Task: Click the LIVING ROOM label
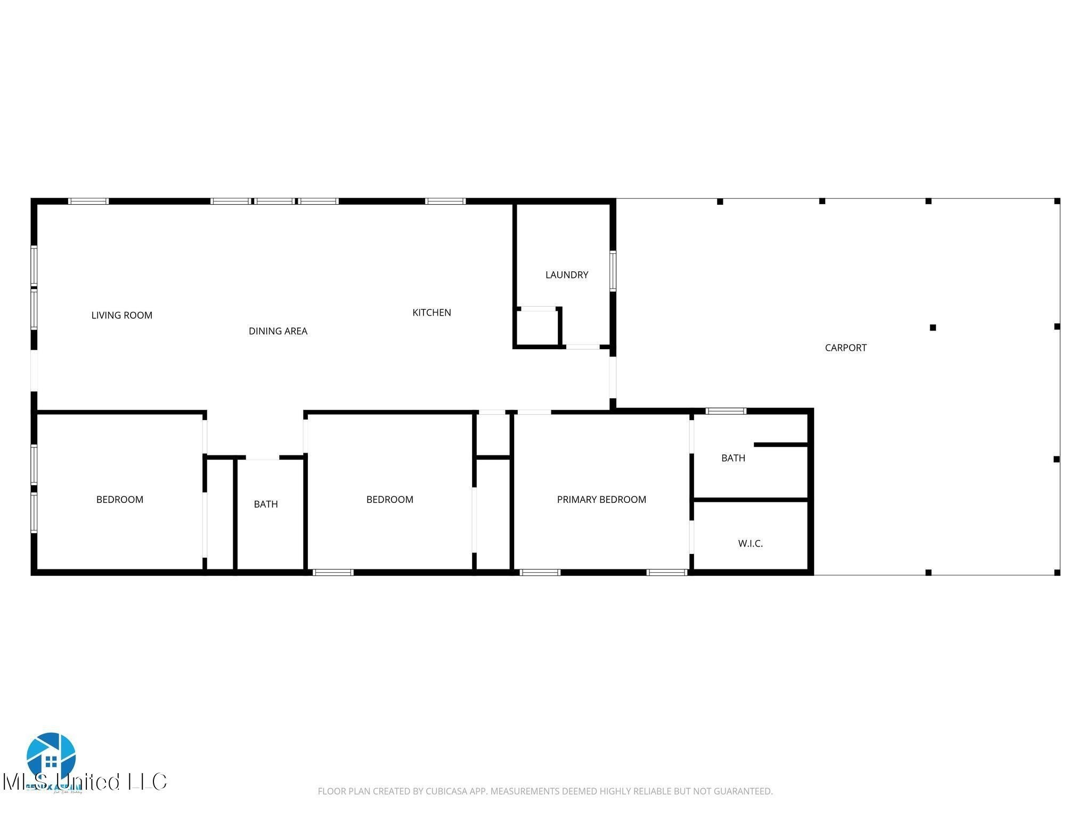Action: coord(121,315)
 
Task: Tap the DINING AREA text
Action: coord(278,331)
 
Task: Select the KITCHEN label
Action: coord(431,312)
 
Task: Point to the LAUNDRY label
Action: coord(566,275)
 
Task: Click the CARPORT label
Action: coord(845,348)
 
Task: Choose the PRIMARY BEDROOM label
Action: coord(601,500)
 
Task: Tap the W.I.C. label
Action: coord(750,543)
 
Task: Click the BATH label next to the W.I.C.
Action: coord(733,458)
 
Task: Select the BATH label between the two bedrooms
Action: coord(265,504)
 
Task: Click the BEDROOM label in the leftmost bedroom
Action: coord(119,500)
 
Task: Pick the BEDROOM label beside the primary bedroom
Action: coord(389,500)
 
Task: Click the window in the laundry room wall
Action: coord(613,271)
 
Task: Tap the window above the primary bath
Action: coord(726,411)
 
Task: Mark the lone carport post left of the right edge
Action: coord(932,327)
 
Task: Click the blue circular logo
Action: coord(51,756)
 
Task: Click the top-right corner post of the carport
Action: coord(1057,202)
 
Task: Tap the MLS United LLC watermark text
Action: coord(85,782)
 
